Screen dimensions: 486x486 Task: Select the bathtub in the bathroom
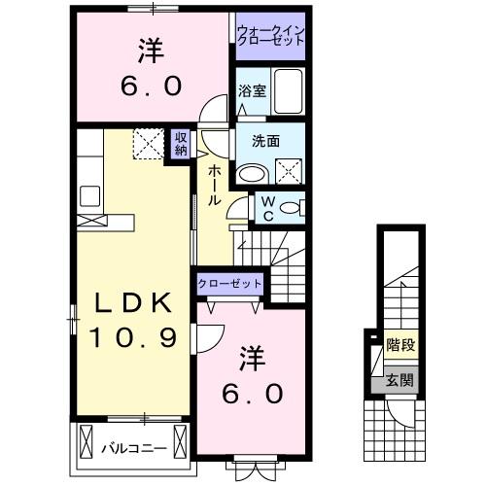pos(289,91)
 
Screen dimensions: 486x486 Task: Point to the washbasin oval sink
pos(253,174)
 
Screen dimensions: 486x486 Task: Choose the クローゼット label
pos(229,283)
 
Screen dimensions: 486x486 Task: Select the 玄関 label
pos(399,380)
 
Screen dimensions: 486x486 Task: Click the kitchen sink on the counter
pos(91,195)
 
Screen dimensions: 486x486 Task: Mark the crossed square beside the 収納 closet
pos(151,145)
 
